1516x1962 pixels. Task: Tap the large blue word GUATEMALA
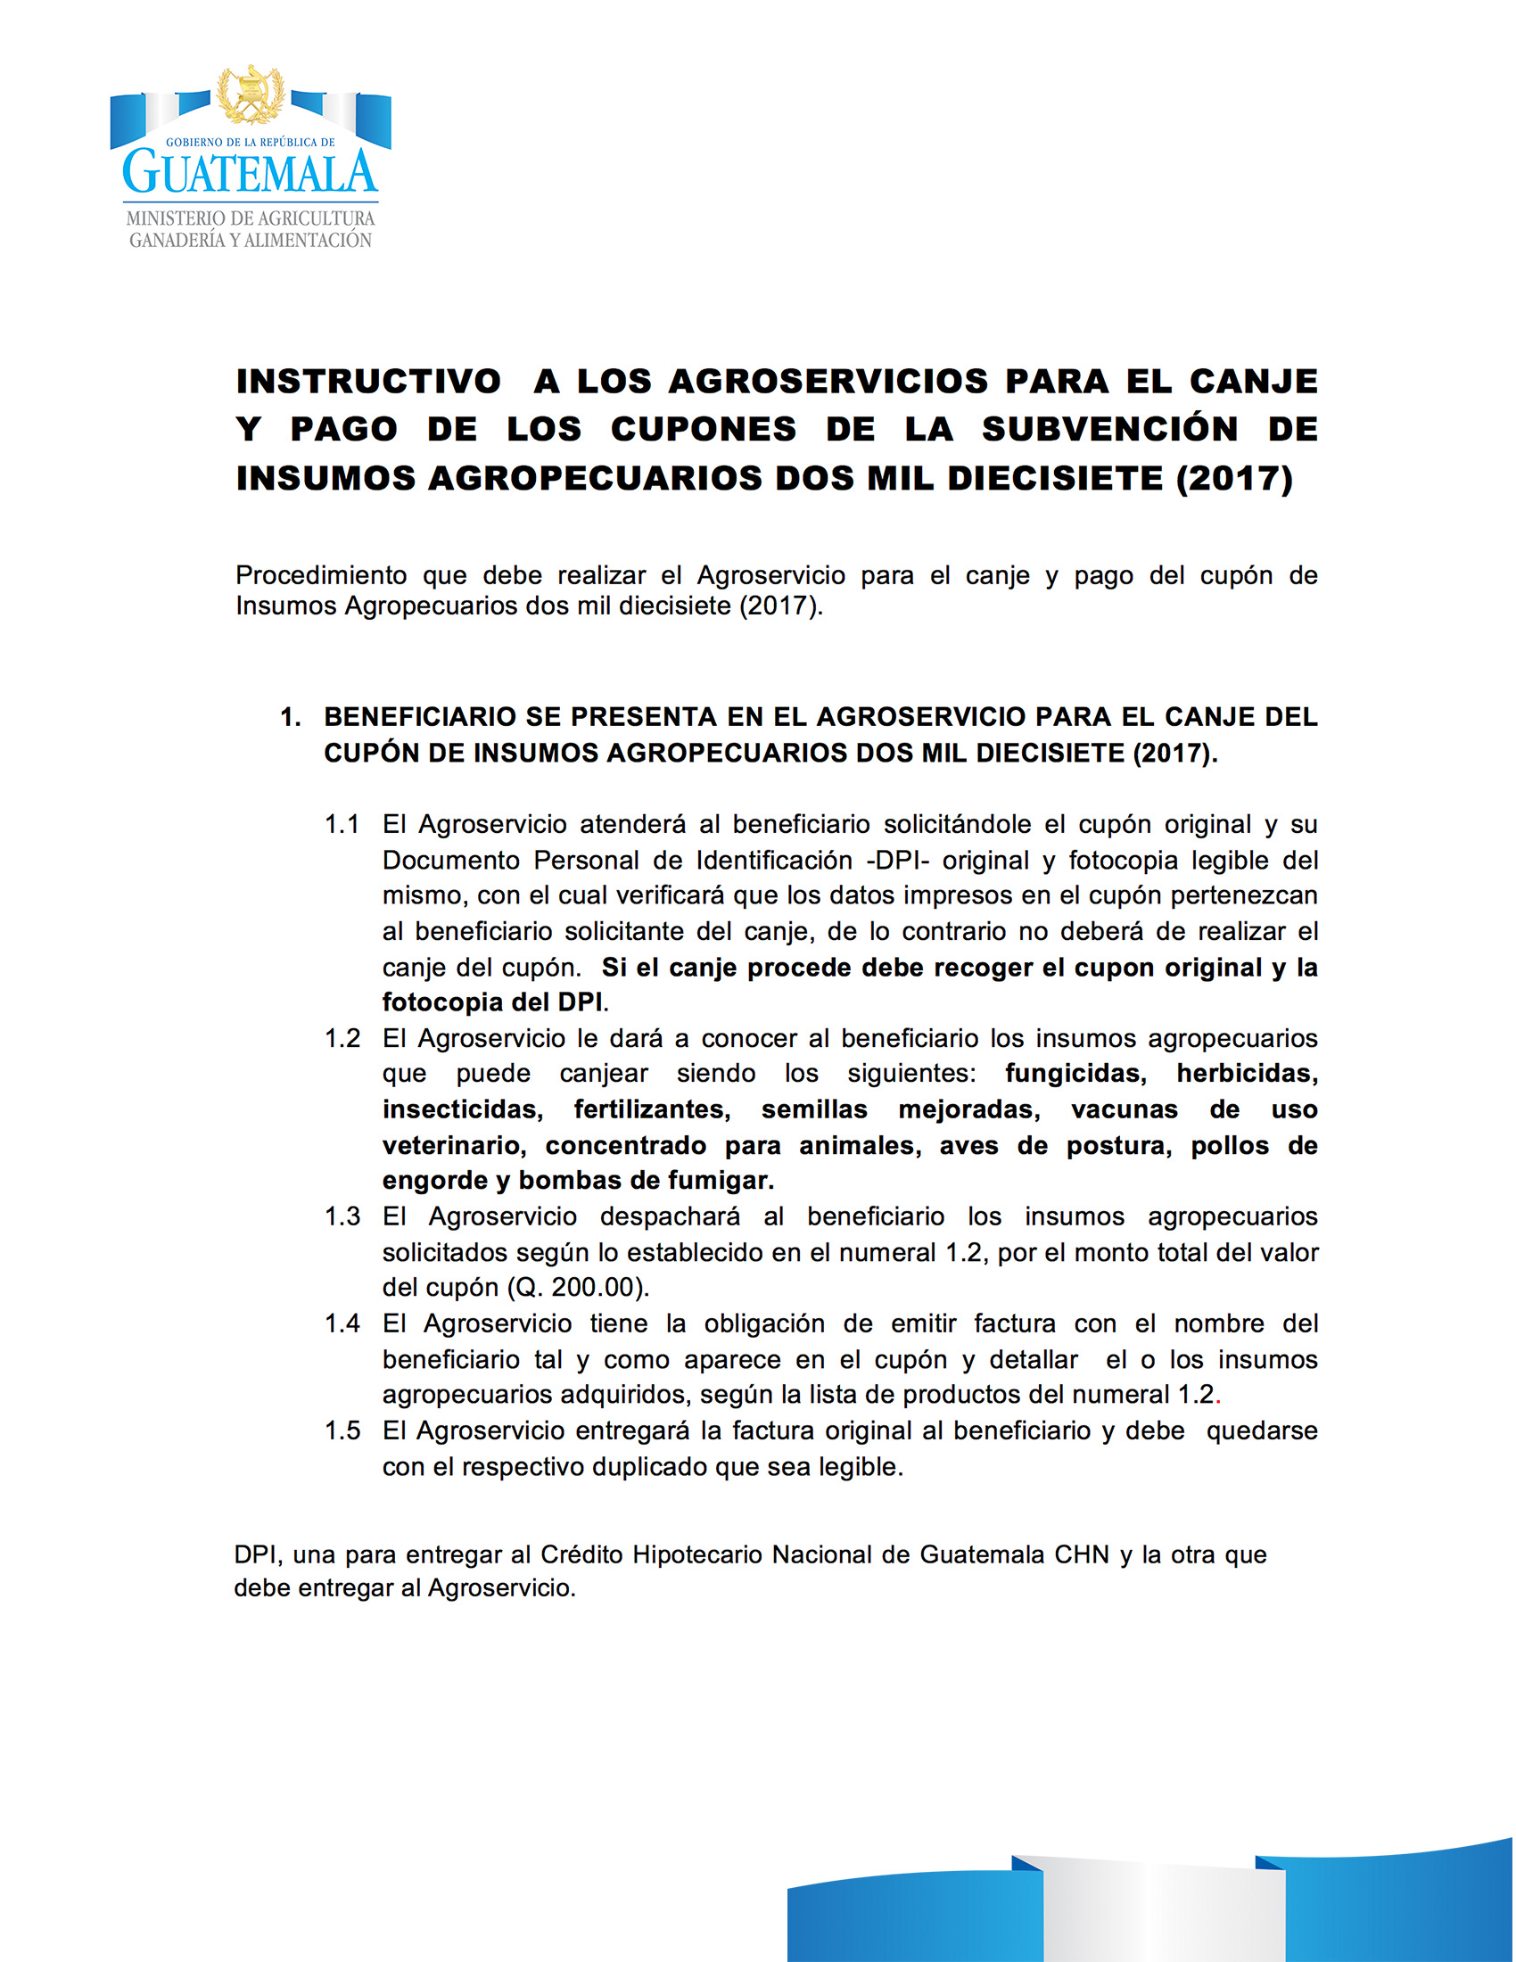click(250, 171)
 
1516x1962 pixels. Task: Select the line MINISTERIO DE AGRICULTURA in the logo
click(250, 218)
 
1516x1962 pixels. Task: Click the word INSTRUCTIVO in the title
click(368, 382)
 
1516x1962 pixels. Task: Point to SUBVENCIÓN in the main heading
click(1109, 430)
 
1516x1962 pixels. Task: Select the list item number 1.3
click(342, 1216)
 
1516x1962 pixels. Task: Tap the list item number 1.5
click(342, 1431)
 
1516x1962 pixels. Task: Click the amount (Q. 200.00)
click(578, 1289)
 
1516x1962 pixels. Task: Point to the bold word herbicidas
click(1247, 1074)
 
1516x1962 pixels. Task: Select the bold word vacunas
click(1124, 1109)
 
